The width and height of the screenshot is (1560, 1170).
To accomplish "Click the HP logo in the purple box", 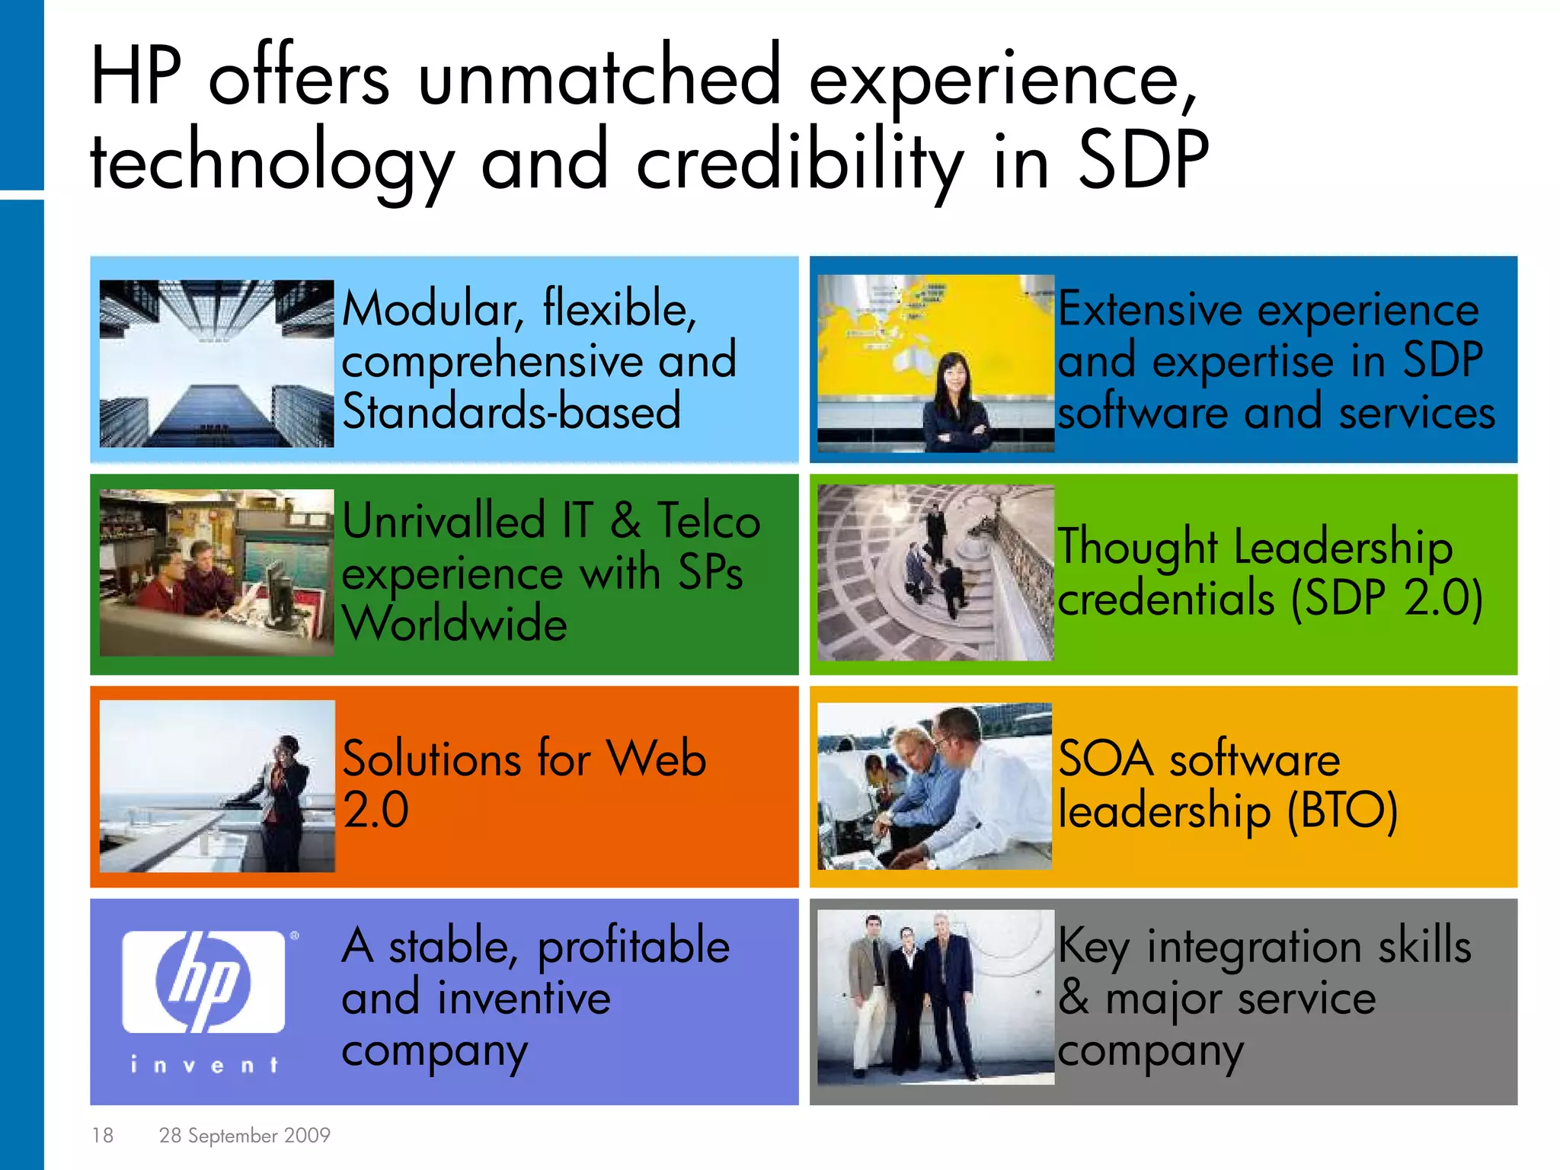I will click(x=203, y=981).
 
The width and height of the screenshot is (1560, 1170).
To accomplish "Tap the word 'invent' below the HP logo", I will click(x=203, y=1064).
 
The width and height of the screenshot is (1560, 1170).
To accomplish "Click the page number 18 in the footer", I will click(x=102, y=1135).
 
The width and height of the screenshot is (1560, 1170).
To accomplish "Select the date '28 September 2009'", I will click(x=245, y=1135).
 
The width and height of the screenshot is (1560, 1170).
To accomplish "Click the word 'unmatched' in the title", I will click(x=599, y=76).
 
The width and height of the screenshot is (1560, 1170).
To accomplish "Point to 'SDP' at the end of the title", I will click(x=1143, y=160).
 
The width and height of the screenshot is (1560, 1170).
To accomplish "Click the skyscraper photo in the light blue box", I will click(x=216, y=363).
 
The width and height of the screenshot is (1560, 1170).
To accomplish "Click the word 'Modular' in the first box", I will click(x=430, y=310).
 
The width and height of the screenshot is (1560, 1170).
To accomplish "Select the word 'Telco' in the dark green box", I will click(x=708, y=522).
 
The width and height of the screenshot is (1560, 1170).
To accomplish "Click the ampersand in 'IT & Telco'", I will click(x=625, y=522).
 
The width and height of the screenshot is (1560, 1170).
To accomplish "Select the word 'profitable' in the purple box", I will click(x=634, y=947).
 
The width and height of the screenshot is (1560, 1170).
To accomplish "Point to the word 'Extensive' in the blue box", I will click(x=1150, y=310).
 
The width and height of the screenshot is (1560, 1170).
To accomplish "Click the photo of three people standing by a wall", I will click(x=935, y=996).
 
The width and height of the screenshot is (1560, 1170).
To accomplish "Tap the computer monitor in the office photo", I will click(x=280, y=587).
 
